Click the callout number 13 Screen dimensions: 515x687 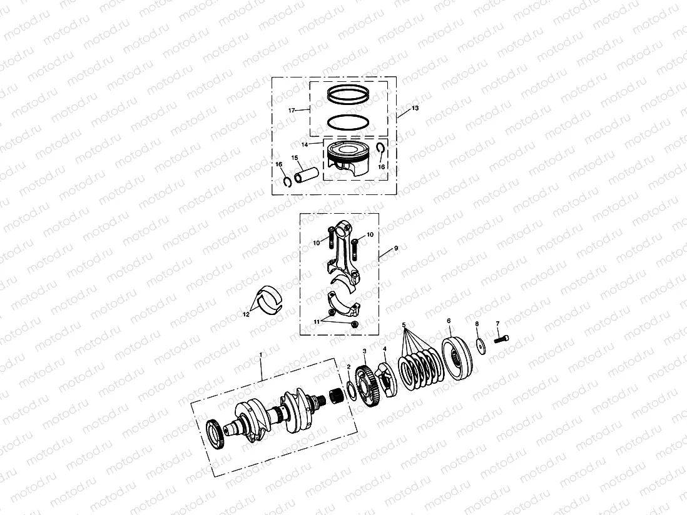(415, 108)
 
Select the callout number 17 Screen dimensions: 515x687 (292, 110)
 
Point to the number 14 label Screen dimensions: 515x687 (305, 144)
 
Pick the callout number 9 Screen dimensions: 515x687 (395, 248)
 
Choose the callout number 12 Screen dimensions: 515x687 (246, 314)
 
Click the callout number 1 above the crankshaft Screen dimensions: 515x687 (261, 354)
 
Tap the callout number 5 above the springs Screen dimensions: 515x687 (404, 325)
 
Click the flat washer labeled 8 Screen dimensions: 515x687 (481, 345)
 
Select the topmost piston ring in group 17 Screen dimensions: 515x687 (350, 96)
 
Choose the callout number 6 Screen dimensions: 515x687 (449, 321)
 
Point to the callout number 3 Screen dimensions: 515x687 (364, 352)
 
